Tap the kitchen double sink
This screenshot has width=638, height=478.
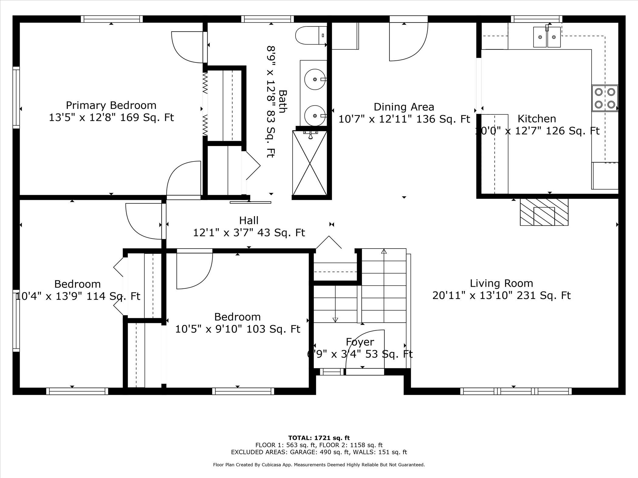547,37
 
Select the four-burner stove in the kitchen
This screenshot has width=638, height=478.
605,98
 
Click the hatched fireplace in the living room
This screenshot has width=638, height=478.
544,212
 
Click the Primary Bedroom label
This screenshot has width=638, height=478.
111,105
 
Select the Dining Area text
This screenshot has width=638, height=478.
404,107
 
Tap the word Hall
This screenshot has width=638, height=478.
249,220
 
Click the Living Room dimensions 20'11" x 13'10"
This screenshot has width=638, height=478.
501,295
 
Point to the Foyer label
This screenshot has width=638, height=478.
360,342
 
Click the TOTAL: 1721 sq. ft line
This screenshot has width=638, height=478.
319,438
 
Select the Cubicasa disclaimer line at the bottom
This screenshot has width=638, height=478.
319,465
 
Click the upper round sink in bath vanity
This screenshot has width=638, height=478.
314,80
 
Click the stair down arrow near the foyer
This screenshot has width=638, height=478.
335,319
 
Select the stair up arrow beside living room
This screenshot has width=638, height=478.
384,252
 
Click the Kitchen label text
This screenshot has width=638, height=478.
537,119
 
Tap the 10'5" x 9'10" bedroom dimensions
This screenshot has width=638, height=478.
238,329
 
